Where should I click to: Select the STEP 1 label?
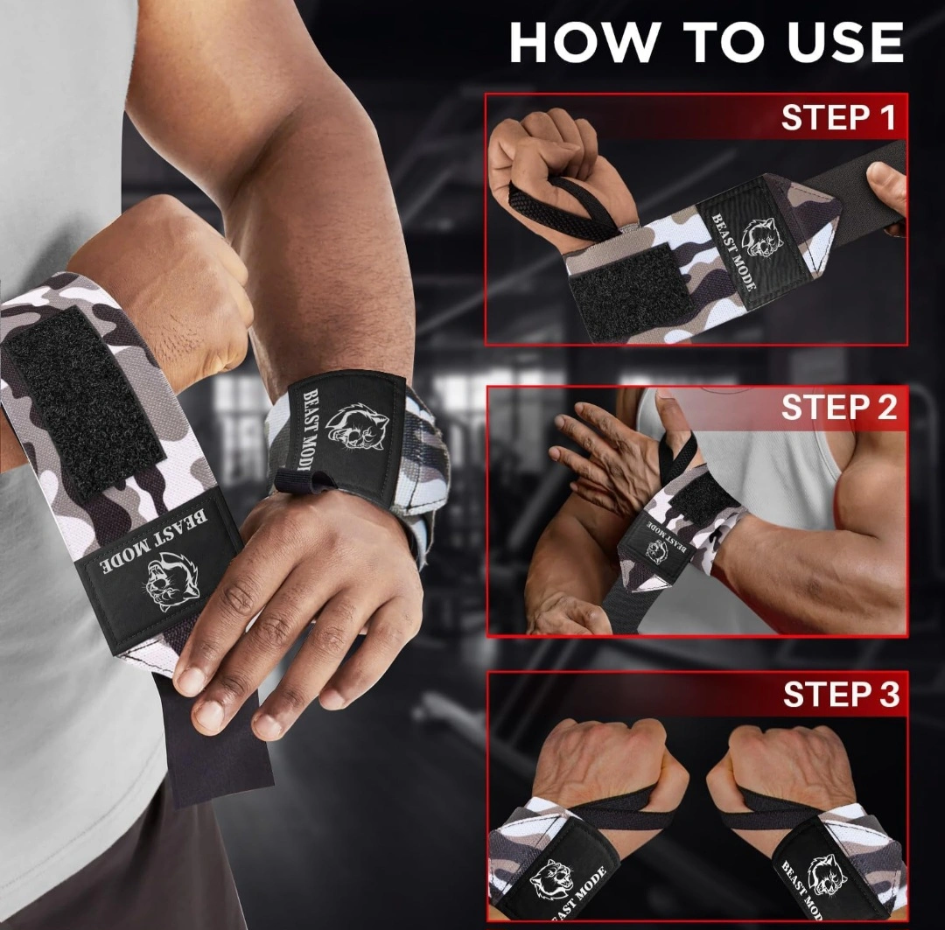point(838,117)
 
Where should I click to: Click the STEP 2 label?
point(839,408)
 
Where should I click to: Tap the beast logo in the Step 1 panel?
point(762,236)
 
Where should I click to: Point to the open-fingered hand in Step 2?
point(609,458)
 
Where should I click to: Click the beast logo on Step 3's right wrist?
point(827,875)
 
